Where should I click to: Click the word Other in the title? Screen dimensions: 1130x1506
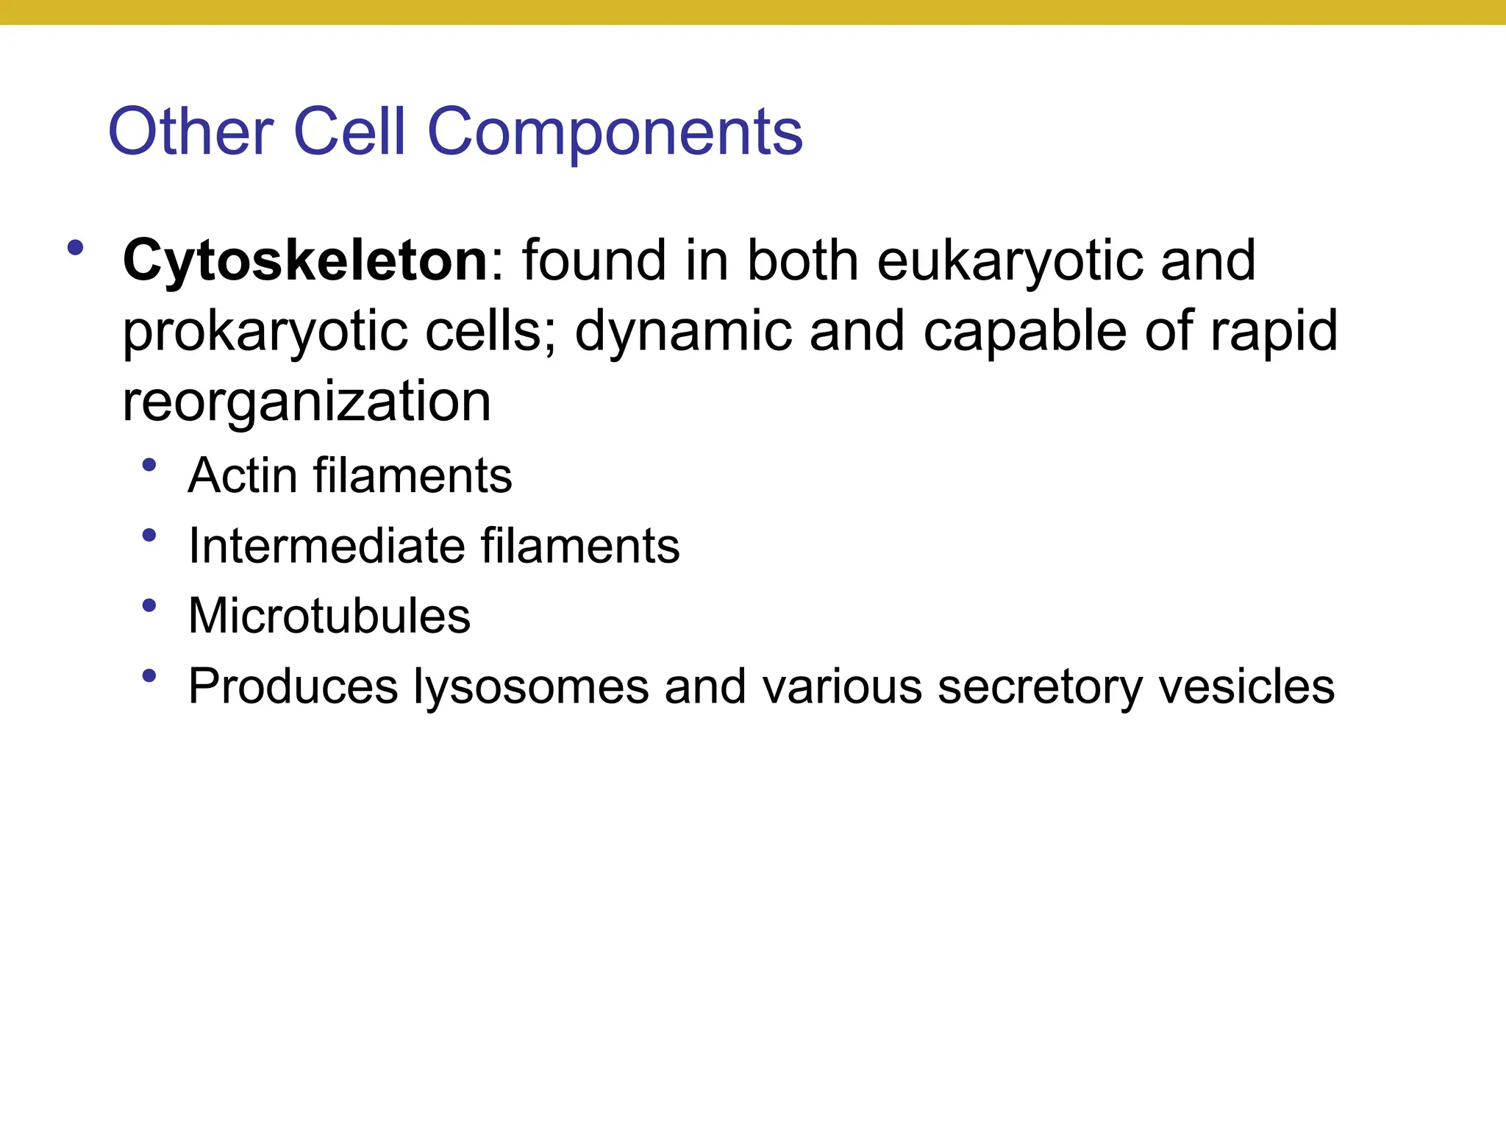(190, 132)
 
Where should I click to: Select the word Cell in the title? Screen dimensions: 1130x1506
(349, 132)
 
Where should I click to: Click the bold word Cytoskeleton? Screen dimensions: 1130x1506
(305, 260)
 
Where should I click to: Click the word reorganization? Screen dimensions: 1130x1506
(307, 403)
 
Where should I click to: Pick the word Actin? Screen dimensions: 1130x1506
(242, 475)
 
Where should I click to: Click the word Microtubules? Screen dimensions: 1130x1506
(329, 616)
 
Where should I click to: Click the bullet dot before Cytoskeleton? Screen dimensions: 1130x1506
(75, 247)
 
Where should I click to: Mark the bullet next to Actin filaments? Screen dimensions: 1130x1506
(149, 465)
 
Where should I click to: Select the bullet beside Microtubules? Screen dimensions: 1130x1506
(149, 605)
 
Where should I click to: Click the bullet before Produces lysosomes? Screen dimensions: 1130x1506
(149, 675)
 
